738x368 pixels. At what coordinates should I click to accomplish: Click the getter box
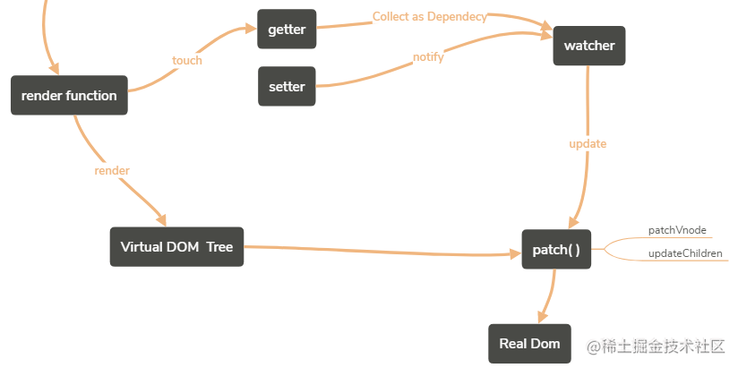point(287,30)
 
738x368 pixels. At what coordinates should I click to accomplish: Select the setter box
point(287,87)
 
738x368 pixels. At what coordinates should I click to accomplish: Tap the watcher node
point(589,46)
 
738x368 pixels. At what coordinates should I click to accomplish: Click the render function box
point(69,96)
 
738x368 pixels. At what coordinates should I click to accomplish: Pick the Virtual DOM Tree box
point(177,247)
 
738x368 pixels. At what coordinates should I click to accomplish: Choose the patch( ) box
point(556,250)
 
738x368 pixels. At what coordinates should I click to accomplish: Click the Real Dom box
point(529,344)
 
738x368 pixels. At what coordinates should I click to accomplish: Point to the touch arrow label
point(187,60)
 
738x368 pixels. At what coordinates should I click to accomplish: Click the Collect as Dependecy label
point(430,16)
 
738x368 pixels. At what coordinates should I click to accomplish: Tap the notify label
point(428,57)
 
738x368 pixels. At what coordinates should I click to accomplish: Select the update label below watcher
point(588,143)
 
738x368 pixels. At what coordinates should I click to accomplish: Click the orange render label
point(112,170)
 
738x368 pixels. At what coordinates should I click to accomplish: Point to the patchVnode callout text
point(677,230)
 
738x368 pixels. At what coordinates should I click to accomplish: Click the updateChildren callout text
point(685,253)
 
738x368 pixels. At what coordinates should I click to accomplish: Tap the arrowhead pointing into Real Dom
point(543,317)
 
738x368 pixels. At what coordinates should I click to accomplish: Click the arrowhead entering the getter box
point(251,29)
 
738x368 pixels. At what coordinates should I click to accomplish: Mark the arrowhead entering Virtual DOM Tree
point(161,220)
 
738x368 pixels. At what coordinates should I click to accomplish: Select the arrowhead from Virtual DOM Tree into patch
point(515,254)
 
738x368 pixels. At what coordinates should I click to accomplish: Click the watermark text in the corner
point(656,347)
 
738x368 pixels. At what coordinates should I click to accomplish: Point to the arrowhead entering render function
point(53,69)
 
